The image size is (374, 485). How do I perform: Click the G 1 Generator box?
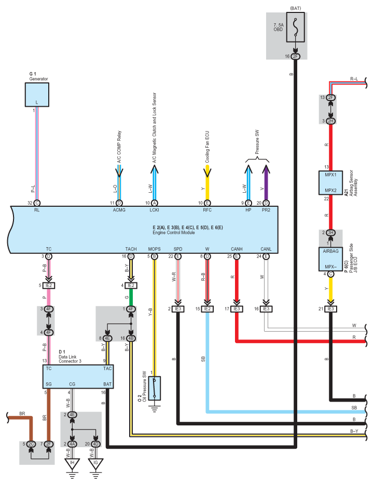pyautogui.click(x=37, y=95)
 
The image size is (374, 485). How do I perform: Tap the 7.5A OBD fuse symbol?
pyautogui.click(x=295, y=27)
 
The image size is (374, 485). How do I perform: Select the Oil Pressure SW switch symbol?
pyautogui.click(x=154, y=388)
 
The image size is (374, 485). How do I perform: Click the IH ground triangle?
pyautogui.click(x=72, y=464)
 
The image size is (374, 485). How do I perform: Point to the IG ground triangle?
pyautogui.click(x=95, y=464)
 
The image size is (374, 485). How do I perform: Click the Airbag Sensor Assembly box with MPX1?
pyautogui.click(x=330, y=183)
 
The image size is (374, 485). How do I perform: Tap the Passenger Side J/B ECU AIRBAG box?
pyautogui.click(x=330, y=259)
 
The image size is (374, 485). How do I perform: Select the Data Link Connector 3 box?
pyautogui.click(x=78, y=376)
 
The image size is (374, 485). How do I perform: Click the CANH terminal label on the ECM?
pyautogui.click(x=237, y=249)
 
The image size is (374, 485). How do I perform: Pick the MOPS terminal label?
pyautogui.click(x=154, y=249)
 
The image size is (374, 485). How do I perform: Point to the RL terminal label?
pyautogui.click(x=37, y=210)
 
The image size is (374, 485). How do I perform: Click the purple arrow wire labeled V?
pyautogui.click(x=266, y=182)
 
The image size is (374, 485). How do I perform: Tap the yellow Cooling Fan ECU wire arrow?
pyautogui.click(x=207, y=182)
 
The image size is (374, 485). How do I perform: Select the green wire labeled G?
pyautogui.click(x=131, y=297)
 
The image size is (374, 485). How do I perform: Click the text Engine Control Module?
pyautogui.click(x=174, y=233)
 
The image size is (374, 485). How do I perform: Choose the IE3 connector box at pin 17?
pyautogui.click(x=237, y=309)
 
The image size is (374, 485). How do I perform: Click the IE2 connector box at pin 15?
pyautogui.click(x=207, y=309)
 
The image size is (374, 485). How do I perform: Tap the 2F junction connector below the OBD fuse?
pyautogui.click(x=296, y=56)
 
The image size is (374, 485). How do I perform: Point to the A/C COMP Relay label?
pyautogui.click(x=119, y=147)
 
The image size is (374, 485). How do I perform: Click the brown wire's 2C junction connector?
pyautogui.click(x=31, y=444)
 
